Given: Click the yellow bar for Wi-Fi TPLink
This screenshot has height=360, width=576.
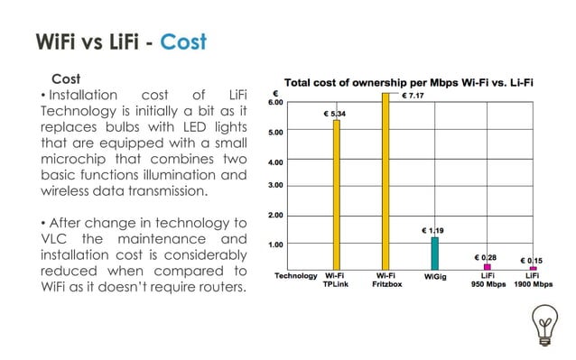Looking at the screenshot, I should click(337, 194).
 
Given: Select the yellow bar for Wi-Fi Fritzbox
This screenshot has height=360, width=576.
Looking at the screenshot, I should click(386, 180).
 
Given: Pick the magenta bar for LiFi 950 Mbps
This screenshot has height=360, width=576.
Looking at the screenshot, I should click(488, 267).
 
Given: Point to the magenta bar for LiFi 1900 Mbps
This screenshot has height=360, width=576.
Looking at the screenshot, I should click(533, 269).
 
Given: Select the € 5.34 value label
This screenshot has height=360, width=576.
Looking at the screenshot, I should click(336, 114).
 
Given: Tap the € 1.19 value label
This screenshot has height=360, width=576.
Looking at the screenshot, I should click(434, 231).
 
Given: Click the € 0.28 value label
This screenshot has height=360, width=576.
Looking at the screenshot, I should click(487, 257).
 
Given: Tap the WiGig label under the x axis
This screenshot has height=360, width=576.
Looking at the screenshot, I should click(434, 276).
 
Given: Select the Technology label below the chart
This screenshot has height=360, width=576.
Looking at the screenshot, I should click(295, 276).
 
